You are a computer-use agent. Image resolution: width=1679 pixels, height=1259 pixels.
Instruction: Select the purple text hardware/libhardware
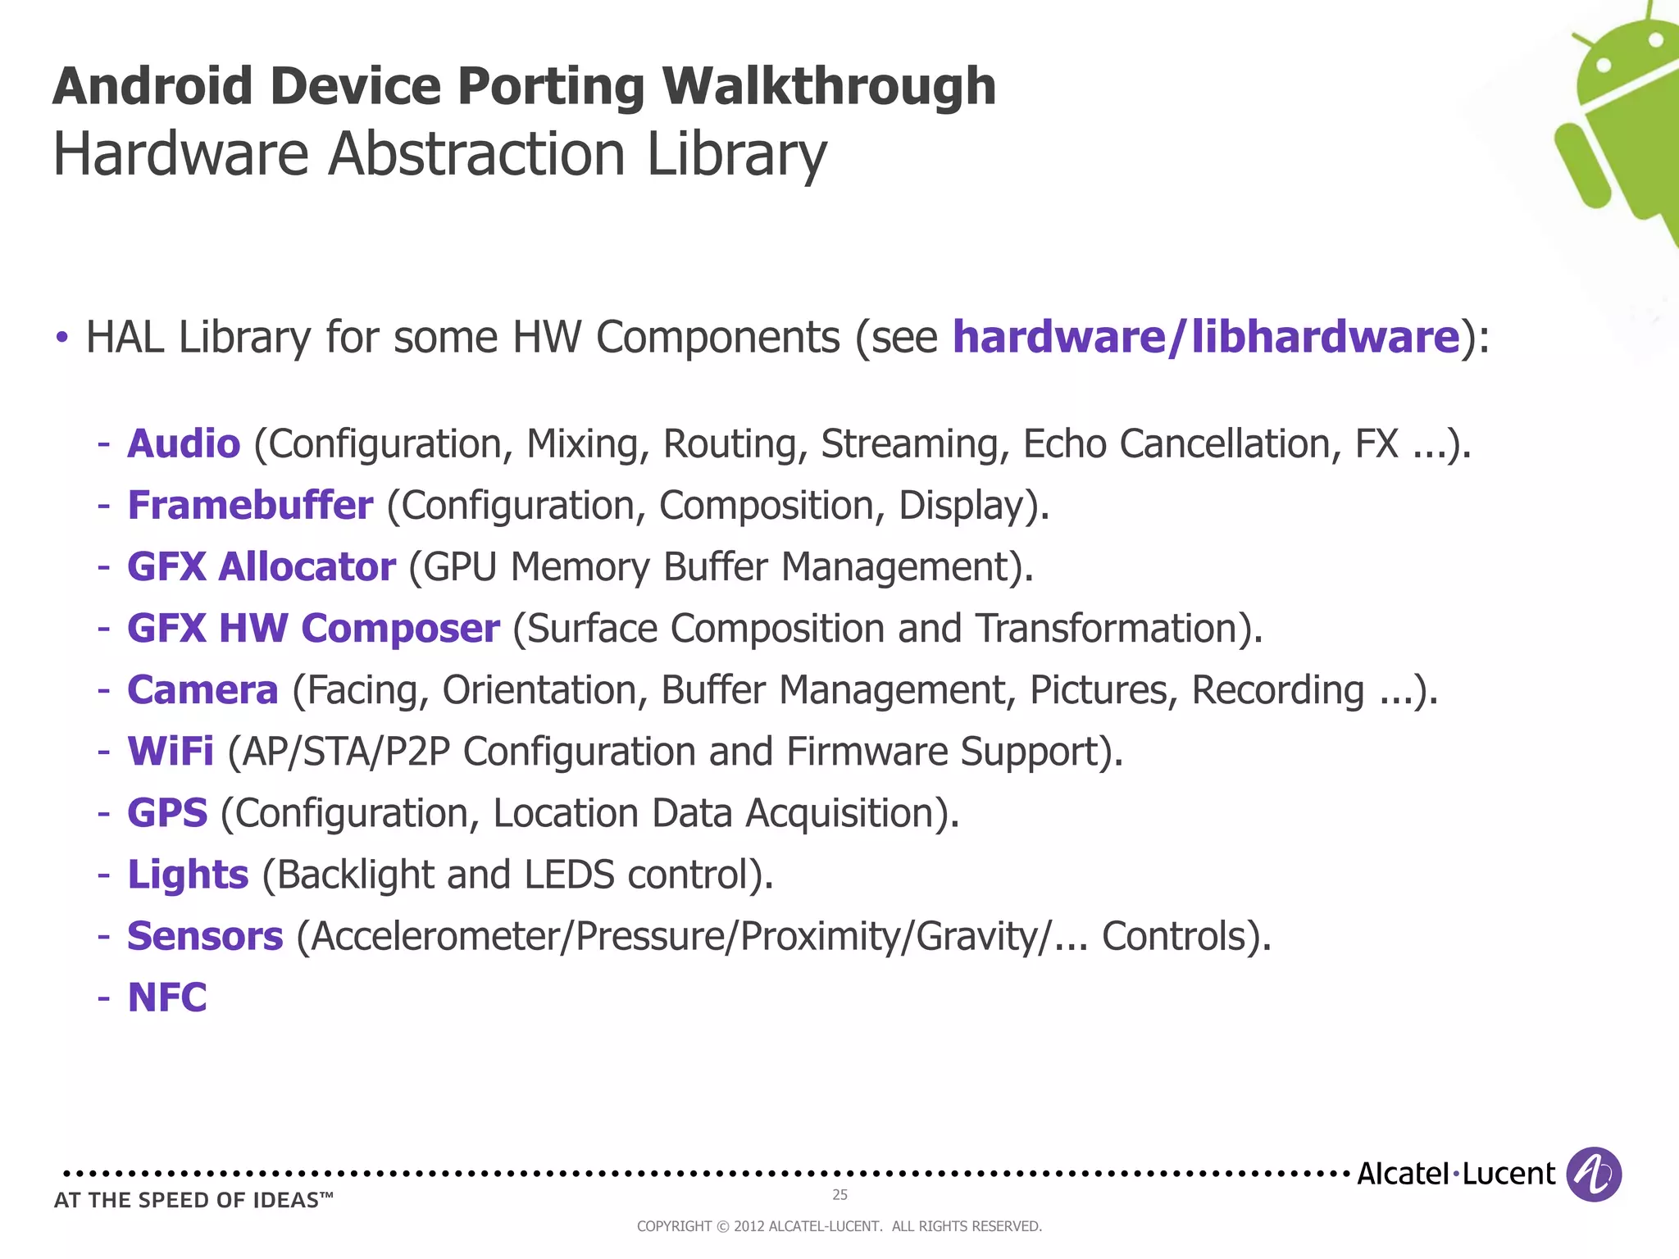pyautogui.click(x=1206, y=337)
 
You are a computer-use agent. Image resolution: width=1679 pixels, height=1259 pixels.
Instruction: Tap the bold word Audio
pyautogui.click(x=184, y=444)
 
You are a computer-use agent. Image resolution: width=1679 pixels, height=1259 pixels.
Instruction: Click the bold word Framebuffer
pyautogui.click(x=250, y=506)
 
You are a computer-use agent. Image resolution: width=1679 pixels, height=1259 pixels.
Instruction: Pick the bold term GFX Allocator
pyautogui.click(x=261, y=567)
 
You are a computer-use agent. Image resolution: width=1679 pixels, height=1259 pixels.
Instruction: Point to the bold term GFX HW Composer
pyautogui.click(x=313, y=629)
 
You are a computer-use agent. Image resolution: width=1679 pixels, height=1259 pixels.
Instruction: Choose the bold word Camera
pyautogui.click(x=202, y=690)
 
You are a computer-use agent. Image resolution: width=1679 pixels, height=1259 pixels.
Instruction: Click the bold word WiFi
pyautogui.click(x=171, y=752)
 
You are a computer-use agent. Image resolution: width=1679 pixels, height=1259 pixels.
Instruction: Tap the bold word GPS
pyautogui.click(x=167, y=813)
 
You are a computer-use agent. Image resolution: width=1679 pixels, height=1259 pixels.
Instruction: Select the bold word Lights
pyautogui.click(x=188, y=875)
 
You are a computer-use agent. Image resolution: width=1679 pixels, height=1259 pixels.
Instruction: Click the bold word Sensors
pyautogui.click(x=205, y=936)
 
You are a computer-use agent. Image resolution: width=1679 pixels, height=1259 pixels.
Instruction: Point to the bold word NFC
pyautogui.click(x=167, y=998)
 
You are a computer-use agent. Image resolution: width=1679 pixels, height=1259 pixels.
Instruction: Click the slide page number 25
pyautogui.click(x=839, y=1195)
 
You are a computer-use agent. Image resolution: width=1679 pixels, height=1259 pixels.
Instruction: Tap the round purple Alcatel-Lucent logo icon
pyautogui.click(x=1594, y=1175)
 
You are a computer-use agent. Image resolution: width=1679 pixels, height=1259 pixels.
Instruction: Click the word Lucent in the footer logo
pyautogui.click(x=1508, y=1175)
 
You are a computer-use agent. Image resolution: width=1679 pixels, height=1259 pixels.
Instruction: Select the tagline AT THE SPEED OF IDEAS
pyautogui.click(x=193, y=1201)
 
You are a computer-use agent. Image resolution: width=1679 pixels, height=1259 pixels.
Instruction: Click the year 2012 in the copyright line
pyautogui.click(x=748, y=1226)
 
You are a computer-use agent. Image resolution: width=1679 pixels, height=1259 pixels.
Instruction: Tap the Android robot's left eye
pyautogui.click(x=1604, y=63)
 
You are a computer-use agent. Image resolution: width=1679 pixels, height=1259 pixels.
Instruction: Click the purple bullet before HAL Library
pyautogui.click(x=61, y=338)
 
